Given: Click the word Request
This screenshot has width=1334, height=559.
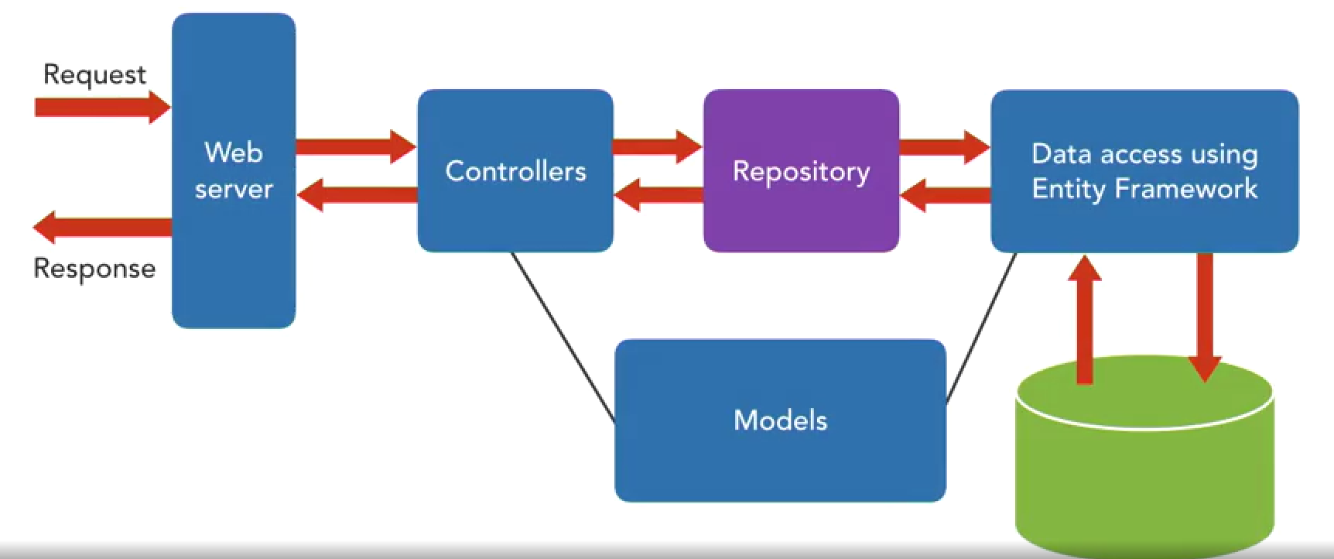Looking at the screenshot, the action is point(94,75).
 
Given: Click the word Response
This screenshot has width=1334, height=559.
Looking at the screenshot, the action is point(94,269).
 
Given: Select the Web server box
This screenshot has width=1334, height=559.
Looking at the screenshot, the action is point(234,170).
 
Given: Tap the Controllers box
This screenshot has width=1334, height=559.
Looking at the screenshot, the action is point(515,170).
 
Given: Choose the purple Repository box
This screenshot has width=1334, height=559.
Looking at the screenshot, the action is point(801,170).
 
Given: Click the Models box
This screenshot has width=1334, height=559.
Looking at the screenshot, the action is point(780,420).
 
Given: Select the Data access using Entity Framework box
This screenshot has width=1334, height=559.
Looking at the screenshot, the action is point(1144,170).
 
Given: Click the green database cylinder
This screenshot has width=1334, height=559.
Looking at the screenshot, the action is point(1144,457).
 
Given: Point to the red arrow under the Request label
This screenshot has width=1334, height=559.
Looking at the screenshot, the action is point(103,107).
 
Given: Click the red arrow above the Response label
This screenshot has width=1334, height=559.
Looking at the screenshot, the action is point(102,227).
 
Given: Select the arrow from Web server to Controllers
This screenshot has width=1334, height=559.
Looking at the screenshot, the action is point(356,146).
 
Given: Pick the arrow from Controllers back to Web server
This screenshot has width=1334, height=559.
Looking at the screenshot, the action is point(357,194).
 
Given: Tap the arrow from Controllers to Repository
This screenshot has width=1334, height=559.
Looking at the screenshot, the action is point(658,146).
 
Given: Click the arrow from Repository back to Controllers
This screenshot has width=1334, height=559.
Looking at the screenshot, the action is point(658,194).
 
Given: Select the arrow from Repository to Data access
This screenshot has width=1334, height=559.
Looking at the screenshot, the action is point(945,146).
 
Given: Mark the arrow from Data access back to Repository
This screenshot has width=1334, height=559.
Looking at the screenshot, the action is point(946,194).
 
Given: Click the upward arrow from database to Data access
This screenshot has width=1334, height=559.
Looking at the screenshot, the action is point(1085,319).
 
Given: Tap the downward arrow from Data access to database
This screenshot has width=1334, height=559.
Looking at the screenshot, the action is point(1205,317).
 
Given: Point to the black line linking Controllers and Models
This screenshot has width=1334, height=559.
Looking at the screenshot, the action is point(563,338).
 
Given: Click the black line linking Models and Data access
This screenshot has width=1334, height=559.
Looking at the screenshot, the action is point(981,328).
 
